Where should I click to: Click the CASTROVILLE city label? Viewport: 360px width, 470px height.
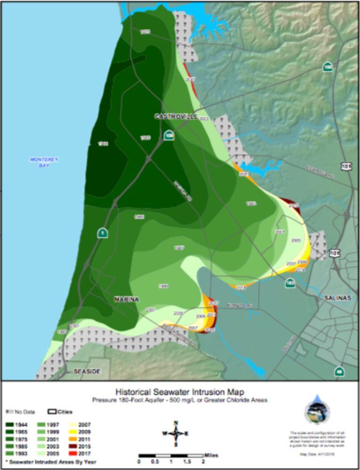pos(176,116)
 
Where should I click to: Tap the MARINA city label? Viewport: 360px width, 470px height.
pos(126,299)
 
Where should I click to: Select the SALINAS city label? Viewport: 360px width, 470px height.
pos(338,298)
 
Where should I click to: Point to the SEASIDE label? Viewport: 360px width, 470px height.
pos(87,371)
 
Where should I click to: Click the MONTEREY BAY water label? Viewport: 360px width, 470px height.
pos(44,162)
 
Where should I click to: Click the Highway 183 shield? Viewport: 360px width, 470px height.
pos(290,283)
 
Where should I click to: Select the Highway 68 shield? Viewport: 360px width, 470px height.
pos(339,371)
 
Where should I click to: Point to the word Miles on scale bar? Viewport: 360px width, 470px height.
pos(211,455)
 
